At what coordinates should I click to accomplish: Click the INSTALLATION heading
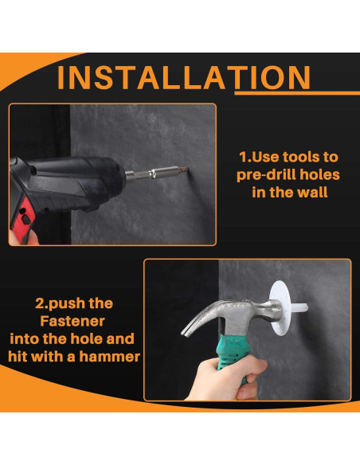coord(184,78)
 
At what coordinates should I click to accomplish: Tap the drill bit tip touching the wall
coord(187,170)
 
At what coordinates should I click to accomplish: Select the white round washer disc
coord(281,308)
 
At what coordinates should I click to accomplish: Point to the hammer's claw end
coord(186,329)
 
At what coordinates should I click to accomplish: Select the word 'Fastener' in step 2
coord(72,321)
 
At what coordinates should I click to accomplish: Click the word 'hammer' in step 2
coord(109,357)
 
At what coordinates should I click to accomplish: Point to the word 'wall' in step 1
coord(312,193)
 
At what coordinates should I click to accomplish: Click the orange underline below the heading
coord(297,93)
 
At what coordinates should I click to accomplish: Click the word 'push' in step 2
coord(63,304)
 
